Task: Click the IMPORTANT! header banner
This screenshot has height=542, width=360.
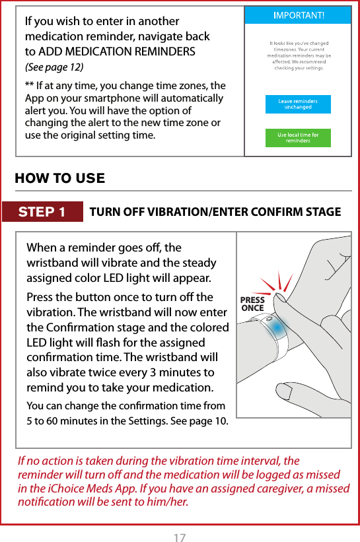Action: (x=297, y=15)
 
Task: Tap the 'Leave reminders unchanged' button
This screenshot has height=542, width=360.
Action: (x=297, y=104)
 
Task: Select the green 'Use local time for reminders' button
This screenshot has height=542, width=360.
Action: (x=297, y=138)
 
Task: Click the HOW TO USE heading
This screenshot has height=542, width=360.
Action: (x=60, y=178)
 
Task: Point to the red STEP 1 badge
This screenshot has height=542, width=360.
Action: (x=42, y=212)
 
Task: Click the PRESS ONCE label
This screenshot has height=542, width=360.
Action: (x=252, y=304)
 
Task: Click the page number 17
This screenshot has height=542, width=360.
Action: (x=180, y=520)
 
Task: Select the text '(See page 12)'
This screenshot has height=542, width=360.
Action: (x=54, y=67)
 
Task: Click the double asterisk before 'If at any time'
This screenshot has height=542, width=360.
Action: (x=29, y=86)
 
